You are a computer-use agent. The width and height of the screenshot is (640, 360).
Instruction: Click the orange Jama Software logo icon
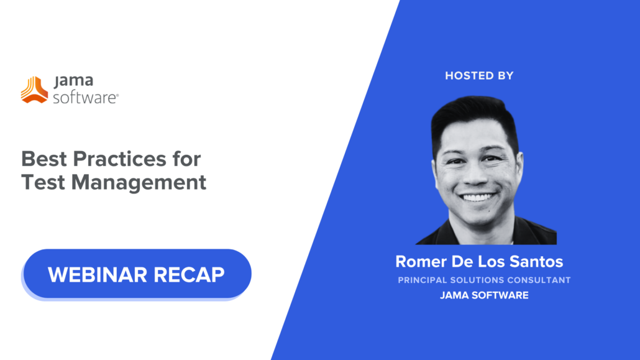coord(34,90)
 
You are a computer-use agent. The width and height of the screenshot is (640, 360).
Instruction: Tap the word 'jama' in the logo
coord(71,82)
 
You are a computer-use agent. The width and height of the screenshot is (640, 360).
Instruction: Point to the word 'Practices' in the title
coord(119,159)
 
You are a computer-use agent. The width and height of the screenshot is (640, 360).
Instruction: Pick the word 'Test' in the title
coord(42,182)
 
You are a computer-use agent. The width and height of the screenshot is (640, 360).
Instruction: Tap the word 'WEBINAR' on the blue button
coord(96,274)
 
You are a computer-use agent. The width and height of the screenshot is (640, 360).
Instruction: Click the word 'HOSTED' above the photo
coord(468,76)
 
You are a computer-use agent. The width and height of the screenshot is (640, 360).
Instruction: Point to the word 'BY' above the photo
coord(505,76)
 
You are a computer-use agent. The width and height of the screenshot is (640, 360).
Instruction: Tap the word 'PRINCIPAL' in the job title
coord(423,280)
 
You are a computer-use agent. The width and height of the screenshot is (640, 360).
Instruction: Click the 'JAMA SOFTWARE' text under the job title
coord(484,295)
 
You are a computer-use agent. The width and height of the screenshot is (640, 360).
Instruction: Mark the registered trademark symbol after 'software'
coord(117,95)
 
